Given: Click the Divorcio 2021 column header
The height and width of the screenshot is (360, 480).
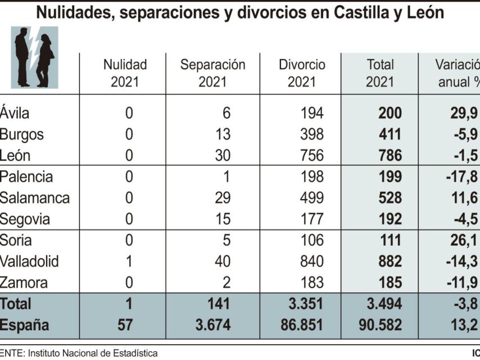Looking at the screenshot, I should point(302,73).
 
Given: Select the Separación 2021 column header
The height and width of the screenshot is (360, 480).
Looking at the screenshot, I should point(212,73).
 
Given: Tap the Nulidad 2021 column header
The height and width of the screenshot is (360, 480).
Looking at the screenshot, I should point(125,73).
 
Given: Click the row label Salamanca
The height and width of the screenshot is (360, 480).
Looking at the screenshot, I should point(35,198).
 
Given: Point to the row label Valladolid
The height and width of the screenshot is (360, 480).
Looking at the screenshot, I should point(29,262).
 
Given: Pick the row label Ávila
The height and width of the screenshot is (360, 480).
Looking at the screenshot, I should point(15,113).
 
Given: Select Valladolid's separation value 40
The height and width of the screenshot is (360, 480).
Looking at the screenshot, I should point(223,262).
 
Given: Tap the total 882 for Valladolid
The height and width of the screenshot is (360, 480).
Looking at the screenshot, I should point(388,262).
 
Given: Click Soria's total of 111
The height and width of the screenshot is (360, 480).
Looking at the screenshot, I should point(390,240).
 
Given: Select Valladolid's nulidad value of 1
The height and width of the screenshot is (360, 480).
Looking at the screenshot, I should point(129,262).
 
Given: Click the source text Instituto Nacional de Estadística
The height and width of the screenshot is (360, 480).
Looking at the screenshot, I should point(93,353).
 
